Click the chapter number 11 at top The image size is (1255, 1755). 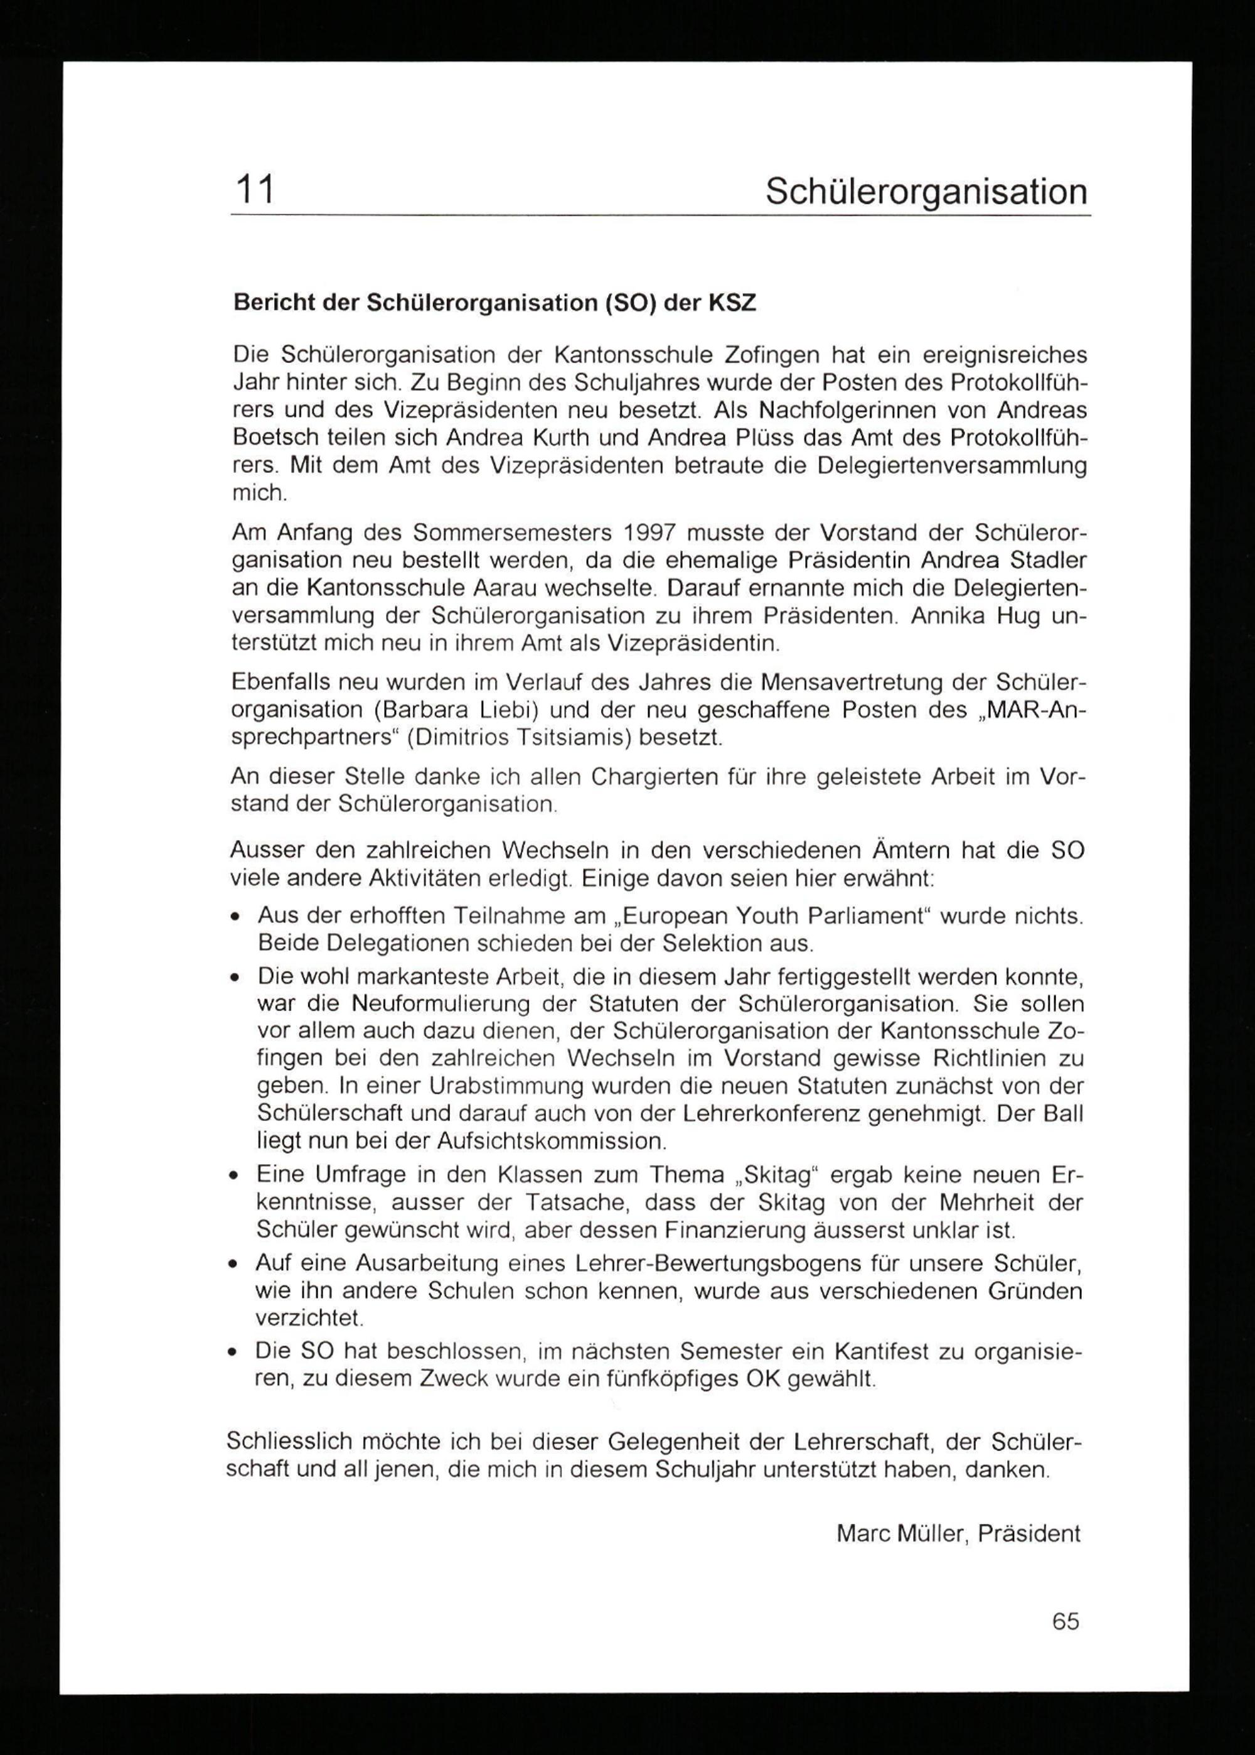(255, 190)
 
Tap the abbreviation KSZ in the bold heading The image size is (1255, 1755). (732, 302)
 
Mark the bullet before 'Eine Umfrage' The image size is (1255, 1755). (233, 1176)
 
